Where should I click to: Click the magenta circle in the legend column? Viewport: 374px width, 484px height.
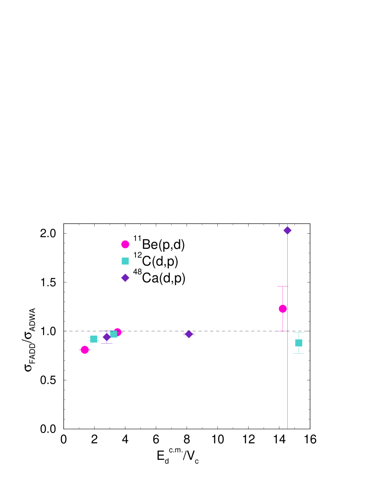tap(125, 244)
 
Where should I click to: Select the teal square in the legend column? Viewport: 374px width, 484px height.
tap(125, 261)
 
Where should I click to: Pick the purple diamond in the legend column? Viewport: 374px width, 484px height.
tap(125, 278)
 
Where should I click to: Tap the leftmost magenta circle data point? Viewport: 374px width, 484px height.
tap(84, 350)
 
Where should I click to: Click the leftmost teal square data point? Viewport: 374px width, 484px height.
tap(94, 339)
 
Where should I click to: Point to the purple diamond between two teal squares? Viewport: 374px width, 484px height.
tap(106, 337)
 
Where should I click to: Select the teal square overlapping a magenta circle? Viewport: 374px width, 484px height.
tap(114, 334)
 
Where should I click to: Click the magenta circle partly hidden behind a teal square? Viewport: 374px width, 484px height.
tap(118, 331)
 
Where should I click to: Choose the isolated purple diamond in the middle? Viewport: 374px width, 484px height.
tap(189, 334)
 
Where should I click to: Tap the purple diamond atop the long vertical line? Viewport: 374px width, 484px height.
tap(287, 231)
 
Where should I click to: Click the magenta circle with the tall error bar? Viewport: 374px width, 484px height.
tap(282, 309)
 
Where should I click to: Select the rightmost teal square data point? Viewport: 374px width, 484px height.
tap(299, 343)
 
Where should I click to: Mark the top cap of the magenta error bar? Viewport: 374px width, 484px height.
tap(282, 286)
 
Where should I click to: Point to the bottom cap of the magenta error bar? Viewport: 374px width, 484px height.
tap(282, 331)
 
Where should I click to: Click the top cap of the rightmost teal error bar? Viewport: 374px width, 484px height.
tap(299, 333)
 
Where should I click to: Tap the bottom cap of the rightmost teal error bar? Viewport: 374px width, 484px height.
tap(299, 353)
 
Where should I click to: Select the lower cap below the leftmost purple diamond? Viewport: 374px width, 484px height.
tap(106, 343)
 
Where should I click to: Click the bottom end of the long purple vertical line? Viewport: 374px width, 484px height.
tap(287, 428)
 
